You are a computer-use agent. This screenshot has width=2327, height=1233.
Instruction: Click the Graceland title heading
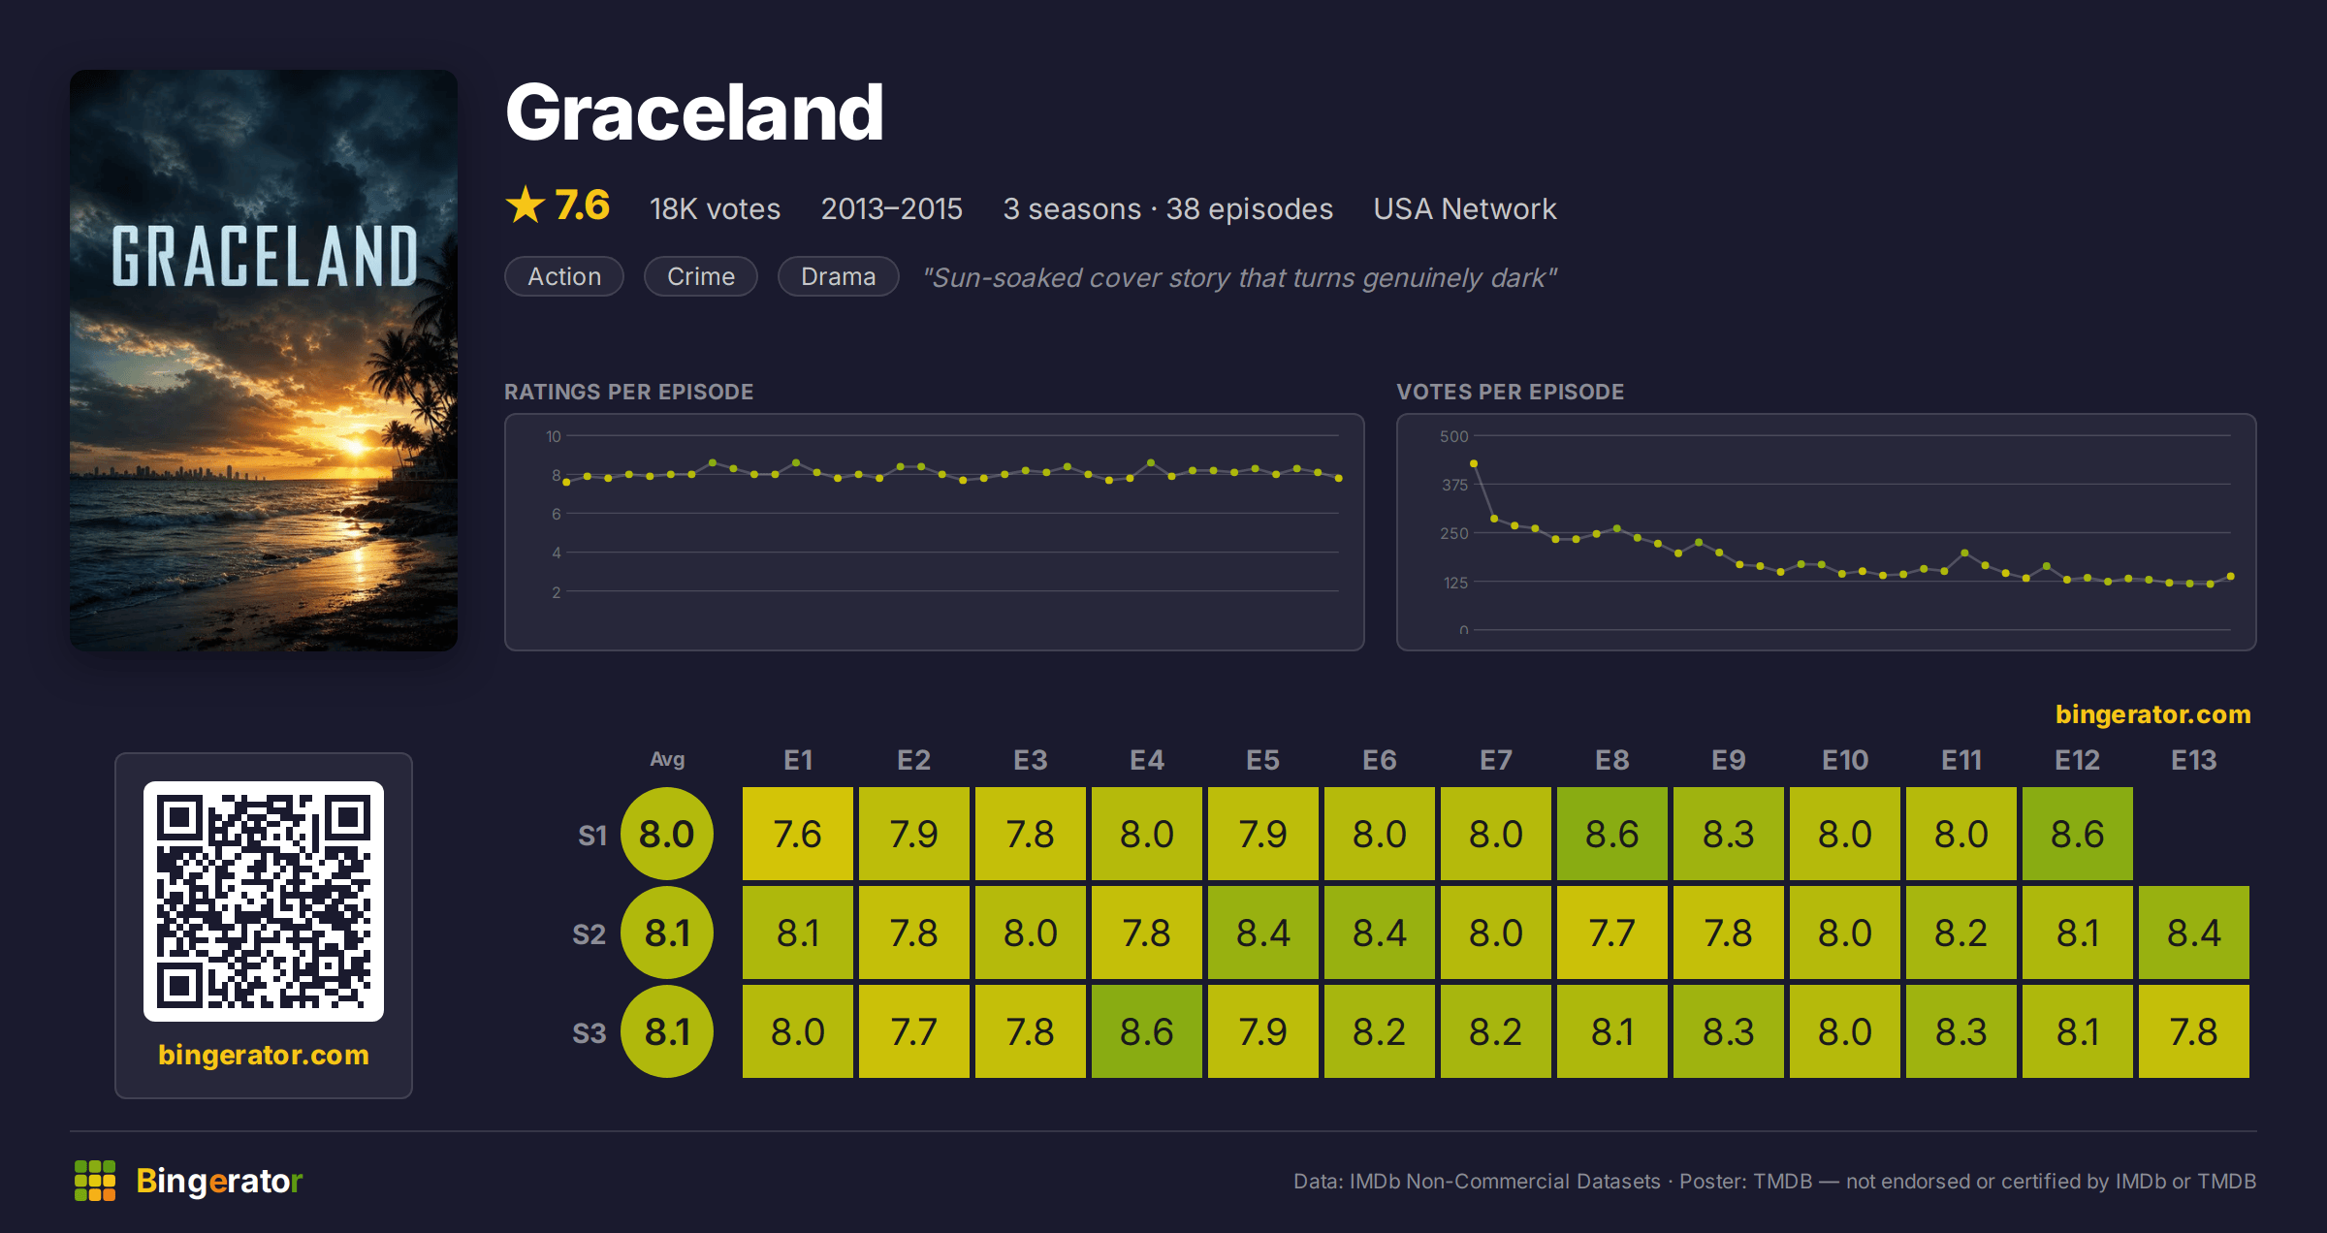point(694,112)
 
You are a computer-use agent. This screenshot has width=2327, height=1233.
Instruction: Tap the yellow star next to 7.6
point(526,205)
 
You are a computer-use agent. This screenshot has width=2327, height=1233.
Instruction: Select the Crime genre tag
point(701,276)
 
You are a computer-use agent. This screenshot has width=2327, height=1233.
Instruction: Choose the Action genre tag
point(564,276)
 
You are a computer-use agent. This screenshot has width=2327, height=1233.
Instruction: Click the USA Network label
point(1464,208)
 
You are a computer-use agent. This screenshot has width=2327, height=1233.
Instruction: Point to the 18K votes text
point(715,208)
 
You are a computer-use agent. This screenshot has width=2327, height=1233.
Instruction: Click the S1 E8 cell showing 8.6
point(1612,834)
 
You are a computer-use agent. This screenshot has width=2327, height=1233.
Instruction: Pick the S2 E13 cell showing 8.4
point(2194,933)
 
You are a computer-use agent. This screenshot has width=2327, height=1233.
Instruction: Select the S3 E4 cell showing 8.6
point(1147,1031)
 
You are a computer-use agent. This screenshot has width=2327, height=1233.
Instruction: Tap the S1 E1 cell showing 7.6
point(798,834)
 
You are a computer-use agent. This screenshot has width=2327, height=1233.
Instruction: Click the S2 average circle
point(667,933)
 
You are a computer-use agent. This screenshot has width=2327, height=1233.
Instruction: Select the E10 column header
point(1845,760)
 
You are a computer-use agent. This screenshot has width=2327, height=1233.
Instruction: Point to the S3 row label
point(589,1032)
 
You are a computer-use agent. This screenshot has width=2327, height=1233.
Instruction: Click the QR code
point(264,901)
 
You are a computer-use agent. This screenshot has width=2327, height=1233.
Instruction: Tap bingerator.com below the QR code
point(264,1055)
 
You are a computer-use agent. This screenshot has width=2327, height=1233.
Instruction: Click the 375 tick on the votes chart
point(1454,485)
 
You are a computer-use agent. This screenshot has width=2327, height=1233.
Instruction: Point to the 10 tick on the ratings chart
point(553,436)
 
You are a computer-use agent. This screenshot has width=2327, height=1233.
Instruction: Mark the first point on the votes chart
point(1474,463)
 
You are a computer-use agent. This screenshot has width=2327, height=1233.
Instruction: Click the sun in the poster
point(356,447)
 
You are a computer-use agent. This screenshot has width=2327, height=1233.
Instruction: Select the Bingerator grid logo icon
point(95,1181)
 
